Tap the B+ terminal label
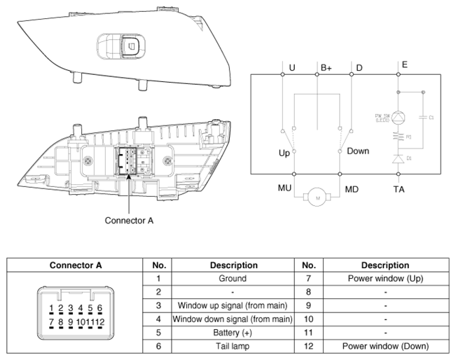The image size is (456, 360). pos(326,68)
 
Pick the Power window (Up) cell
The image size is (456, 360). pos(385,278)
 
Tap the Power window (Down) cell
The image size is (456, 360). pos(385,345)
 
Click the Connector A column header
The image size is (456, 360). pos(76,265)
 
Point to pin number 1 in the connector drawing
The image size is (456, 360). pos(52,308)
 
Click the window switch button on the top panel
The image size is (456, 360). pos(130,46)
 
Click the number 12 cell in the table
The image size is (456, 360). pos(309,345)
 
